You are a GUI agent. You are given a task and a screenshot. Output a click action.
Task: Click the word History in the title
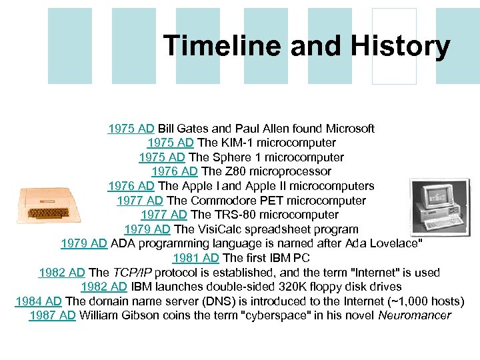(x=403, y=47)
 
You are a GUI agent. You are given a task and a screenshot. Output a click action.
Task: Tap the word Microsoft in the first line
(x=346, y=128)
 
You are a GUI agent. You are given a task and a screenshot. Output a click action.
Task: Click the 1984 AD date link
(x=39, y=301)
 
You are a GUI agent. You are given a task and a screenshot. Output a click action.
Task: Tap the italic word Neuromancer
(x=414, y=315)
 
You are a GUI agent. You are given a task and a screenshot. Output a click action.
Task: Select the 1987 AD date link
(x=53, y=315)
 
